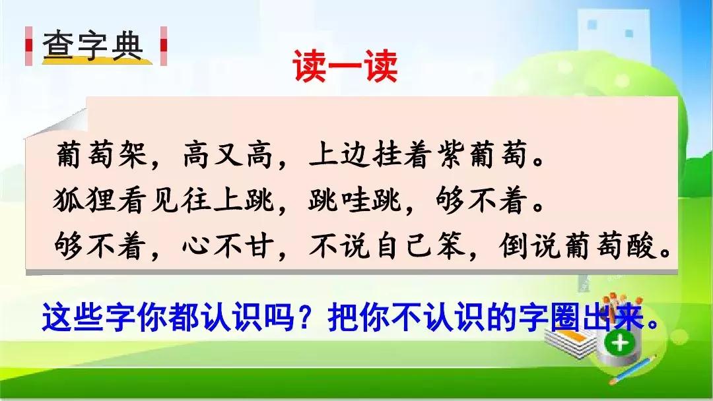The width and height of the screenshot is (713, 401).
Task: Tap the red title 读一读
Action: [x=345, y=67]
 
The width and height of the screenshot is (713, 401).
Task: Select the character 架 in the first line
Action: [x=133, y=154]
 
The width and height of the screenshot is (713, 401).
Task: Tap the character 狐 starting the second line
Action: [x=68, y=200]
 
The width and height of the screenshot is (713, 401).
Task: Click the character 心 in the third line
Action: [x=197, y=246]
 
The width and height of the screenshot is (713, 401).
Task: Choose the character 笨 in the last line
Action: [x=450, y=246]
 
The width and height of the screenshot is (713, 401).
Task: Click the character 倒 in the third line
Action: [x=514, y=246]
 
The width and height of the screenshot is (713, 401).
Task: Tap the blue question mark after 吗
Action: [x=308, y=317]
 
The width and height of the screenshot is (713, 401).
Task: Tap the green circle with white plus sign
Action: [x=620, y=343]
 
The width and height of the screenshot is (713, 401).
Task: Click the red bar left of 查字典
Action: [x=29, y=46]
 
